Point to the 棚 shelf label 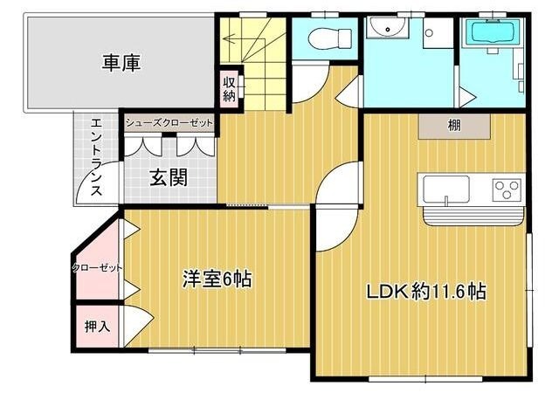point(454,127)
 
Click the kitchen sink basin point(445,188)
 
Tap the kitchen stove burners point(507,188)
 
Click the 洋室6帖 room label point(217,279)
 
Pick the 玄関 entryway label point(169,178)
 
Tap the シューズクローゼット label point(169,123)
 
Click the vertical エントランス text point(97,157)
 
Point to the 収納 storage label point(229,89)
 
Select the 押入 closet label point(96,327)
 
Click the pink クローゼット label point(96,267)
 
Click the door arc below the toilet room point(310,86)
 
